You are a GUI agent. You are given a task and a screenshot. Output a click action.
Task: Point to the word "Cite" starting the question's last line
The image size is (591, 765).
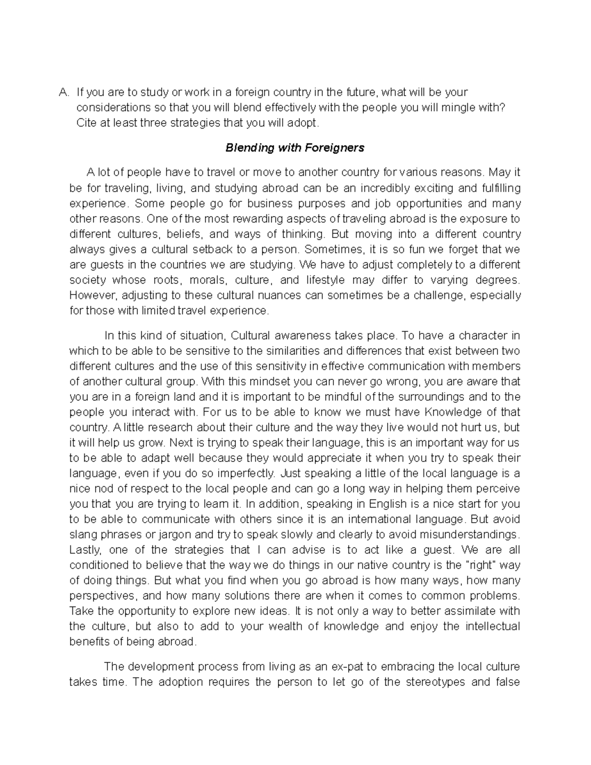[x=86, y=123]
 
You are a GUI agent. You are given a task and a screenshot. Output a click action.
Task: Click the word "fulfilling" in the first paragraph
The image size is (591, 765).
[x=499, y=188]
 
